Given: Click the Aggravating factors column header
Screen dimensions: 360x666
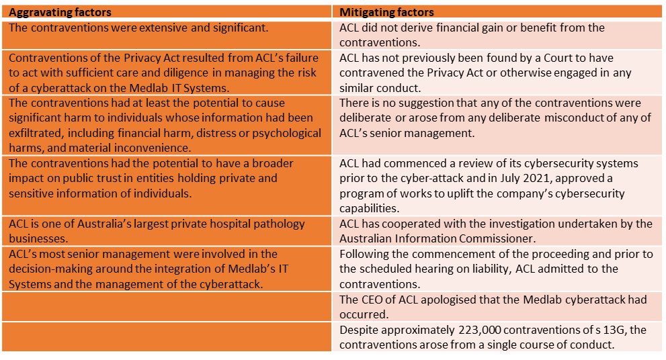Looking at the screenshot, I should click(x=60, y=12).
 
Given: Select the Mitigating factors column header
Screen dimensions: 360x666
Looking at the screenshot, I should click(x=386, y=12).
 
